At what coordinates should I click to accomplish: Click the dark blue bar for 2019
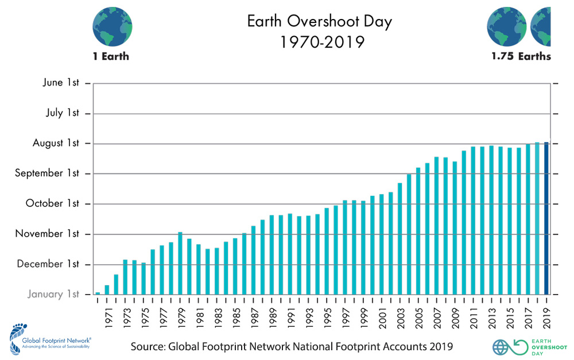(546, 218)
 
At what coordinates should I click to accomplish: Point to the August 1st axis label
(56, 143)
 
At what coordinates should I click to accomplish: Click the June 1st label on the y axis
(61, 83)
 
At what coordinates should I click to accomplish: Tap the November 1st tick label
(48, 234)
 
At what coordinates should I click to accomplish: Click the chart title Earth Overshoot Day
(319, 22)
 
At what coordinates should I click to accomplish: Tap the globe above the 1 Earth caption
(113, 26)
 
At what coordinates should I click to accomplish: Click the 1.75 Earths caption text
(521, 56)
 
